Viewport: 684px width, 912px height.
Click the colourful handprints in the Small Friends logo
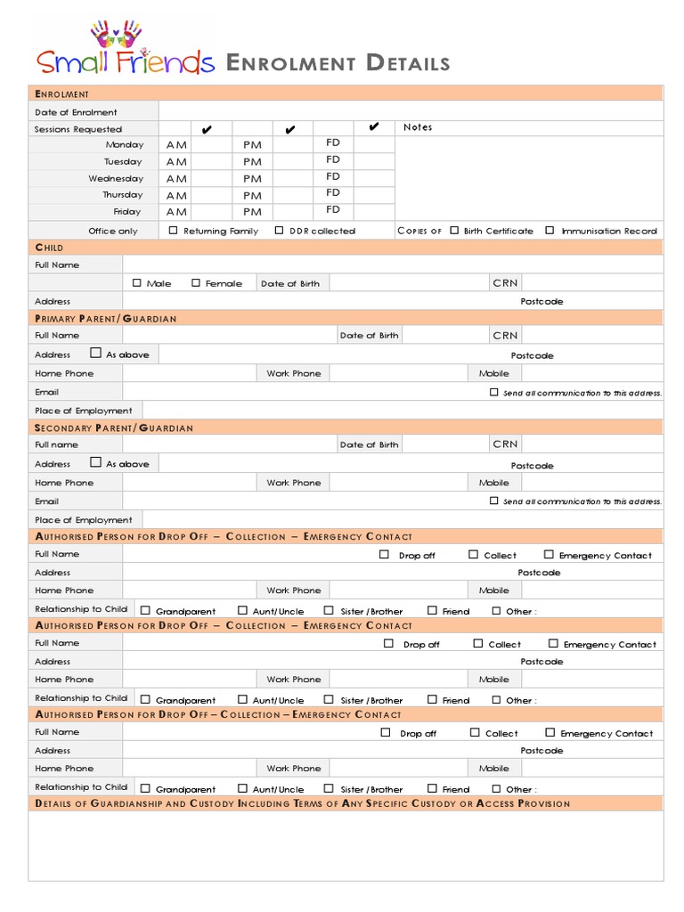click(x=116, y=33)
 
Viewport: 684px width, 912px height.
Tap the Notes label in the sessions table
click(x=418, y=127)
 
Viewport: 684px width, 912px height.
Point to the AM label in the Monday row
click(x=176, y=145)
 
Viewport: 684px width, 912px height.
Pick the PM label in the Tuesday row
click(x=253, y=162)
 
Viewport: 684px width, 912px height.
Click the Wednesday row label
click(x=115, y=179)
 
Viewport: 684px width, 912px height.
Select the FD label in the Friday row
click(x=333, y=210)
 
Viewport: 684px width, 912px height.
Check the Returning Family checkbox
click(x=174, y=231)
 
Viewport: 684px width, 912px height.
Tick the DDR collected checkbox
click(x=280, y=231)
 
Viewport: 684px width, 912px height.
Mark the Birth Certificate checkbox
click(x=454, y=231)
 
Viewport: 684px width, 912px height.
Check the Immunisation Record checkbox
click(x=550, y=231)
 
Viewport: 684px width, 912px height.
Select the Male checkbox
click(x=137, y=283)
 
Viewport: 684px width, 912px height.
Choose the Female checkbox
click(x=196, y=283)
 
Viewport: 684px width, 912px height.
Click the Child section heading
click(x=49, y=248)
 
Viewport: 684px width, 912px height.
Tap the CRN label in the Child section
click(x=505, y=283)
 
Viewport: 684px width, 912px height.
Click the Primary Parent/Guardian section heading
click(x=106, y=319)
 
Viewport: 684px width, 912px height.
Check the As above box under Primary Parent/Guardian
click(x=96, y=354)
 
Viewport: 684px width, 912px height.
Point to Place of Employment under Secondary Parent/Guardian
click(x=83, y=520)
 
